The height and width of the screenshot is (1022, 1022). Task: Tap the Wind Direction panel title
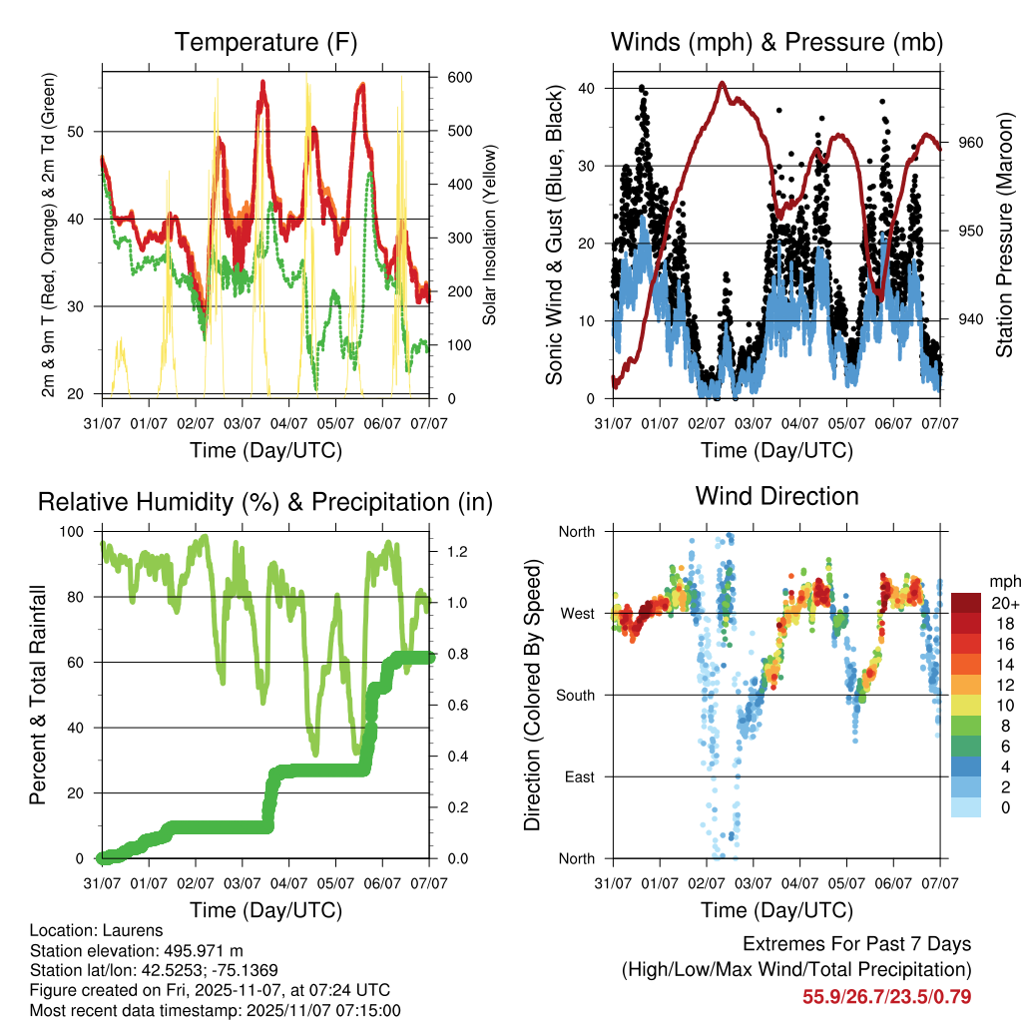click(776, 495)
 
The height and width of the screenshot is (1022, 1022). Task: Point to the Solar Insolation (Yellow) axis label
click(489, 235)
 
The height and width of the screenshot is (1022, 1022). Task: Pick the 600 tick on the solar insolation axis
click(458, 78)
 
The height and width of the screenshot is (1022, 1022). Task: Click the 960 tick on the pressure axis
click(972, 143)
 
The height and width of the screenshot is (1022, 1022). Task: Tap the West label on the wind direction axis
click(578, 613)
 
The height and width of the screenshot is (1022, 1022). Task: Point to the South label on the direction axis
click(576, 695)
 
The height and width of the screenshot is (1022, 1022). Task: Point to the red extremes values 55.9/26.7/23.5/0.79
click(886, 996)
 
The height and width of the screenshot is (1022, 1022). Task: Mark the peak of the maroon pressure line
click(722, 83)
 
